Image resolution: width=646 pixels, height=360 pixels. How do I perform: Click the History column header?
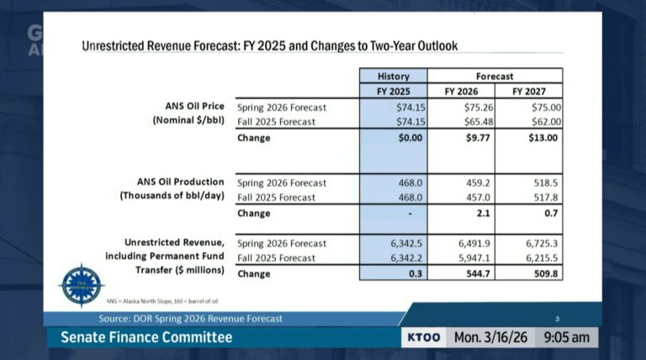pyautogui.click(x=394, y=76)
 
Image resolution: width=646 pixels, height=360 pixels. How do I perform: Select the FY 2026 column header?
pyautogui.click(x=460, y=91)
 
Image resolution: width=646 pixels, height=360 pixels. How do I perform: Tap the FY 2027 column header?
pyautogui.click(x=528, y=91)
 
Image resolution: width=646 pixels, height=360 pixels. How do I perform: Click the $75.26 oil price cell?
pyautogui.click(x=478, y=108)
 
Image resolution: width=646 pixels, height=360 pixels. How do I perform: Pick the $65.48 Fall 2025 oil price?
pyautogui.click(x=478, y=122)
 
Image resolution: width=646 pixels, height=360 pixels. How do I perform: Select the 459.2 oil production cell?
pyautogui.click(x=475, y=183)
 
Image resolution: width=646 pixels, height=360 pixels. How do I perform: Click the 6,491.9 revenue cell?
pyautogui.click(x=474, y=243)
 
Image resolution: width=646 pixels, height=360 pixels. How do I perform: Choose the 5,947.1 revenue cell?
pyautogui.click(x=474, y=258)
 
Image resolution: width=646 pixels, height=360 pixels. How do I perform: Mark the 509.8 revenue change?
pyautogui.click(x=545, y=273)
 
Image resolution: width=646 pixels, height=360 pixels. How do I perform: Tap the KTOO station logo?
pyautogui.click(x=423, y=337)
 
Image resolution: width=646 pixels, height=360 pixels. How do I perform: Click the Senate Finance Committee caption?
pyautogui.click(x=146, y=337)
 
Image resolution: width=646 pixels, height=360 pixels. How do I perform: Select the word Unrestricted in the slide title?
pyautogui.click(x=116, y=45)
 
